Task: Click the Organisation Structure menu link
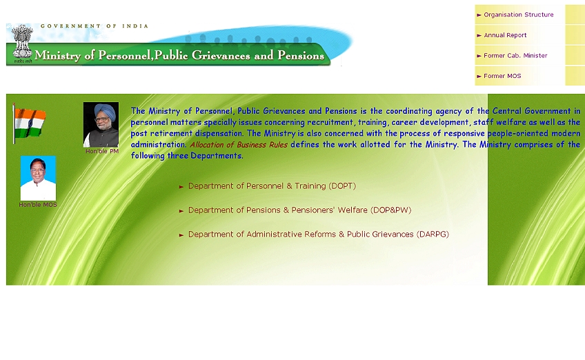tap(519, 14)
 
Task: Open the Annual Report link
tap(505, 35)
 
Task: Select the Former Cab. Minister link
tap(515, 56)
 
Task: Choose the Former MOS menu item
tap(502, 76)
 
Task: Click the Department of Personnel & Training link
tap(272, 186)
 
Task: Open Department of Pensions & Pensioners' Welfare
tap(299, 210)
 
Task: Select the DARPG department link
tap(319, 234)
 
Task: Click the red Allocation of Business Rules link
tap(239, 145)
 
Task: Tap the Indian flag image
tap(29, 123)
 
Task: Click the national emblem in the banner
tap(22, 42)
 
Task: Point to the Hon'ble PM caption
tap(102, 151)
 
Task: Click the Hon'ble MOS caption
tap(38, 205)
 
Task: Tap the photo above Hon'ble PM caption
tap(101, 125)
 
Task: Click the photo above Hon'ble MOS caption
tap(38, 179)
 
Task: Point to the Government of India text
tap(95, 26)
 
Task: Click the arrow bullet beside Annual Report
tap(479, 35)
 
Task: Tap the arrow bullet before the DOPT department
tap(181, 186)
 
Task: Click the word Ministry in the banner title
tap(57, 56)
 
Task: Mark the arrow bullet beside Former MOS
tap(479, 76)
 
